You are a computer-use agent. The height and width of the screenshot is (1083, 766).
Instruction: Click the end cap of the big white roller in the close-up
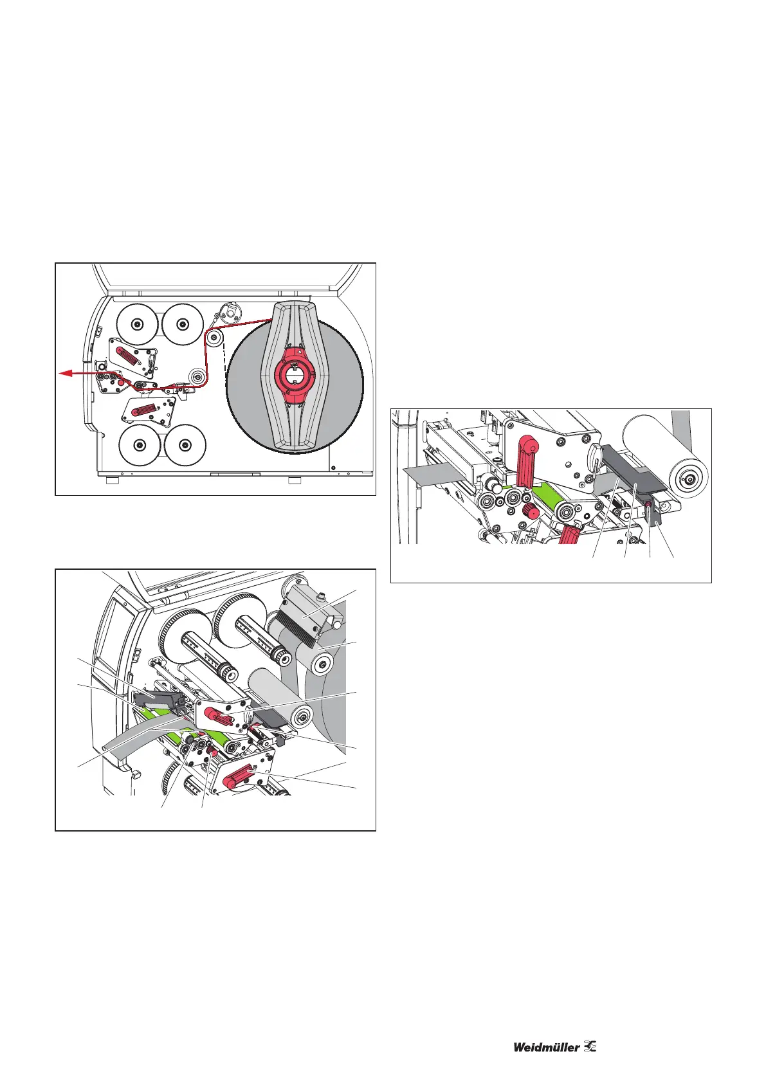(689, 478)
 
